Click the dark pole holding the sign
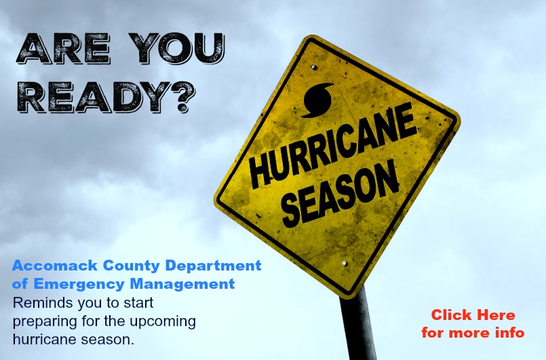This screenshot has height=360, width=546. tap(357, 325)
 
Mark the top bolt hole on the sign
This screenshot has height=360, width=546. tap(314, 66)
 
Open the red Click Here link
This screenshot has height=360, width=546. tap(473, 315)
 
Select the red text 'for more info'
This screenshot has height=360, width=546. tap(473, 333)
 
